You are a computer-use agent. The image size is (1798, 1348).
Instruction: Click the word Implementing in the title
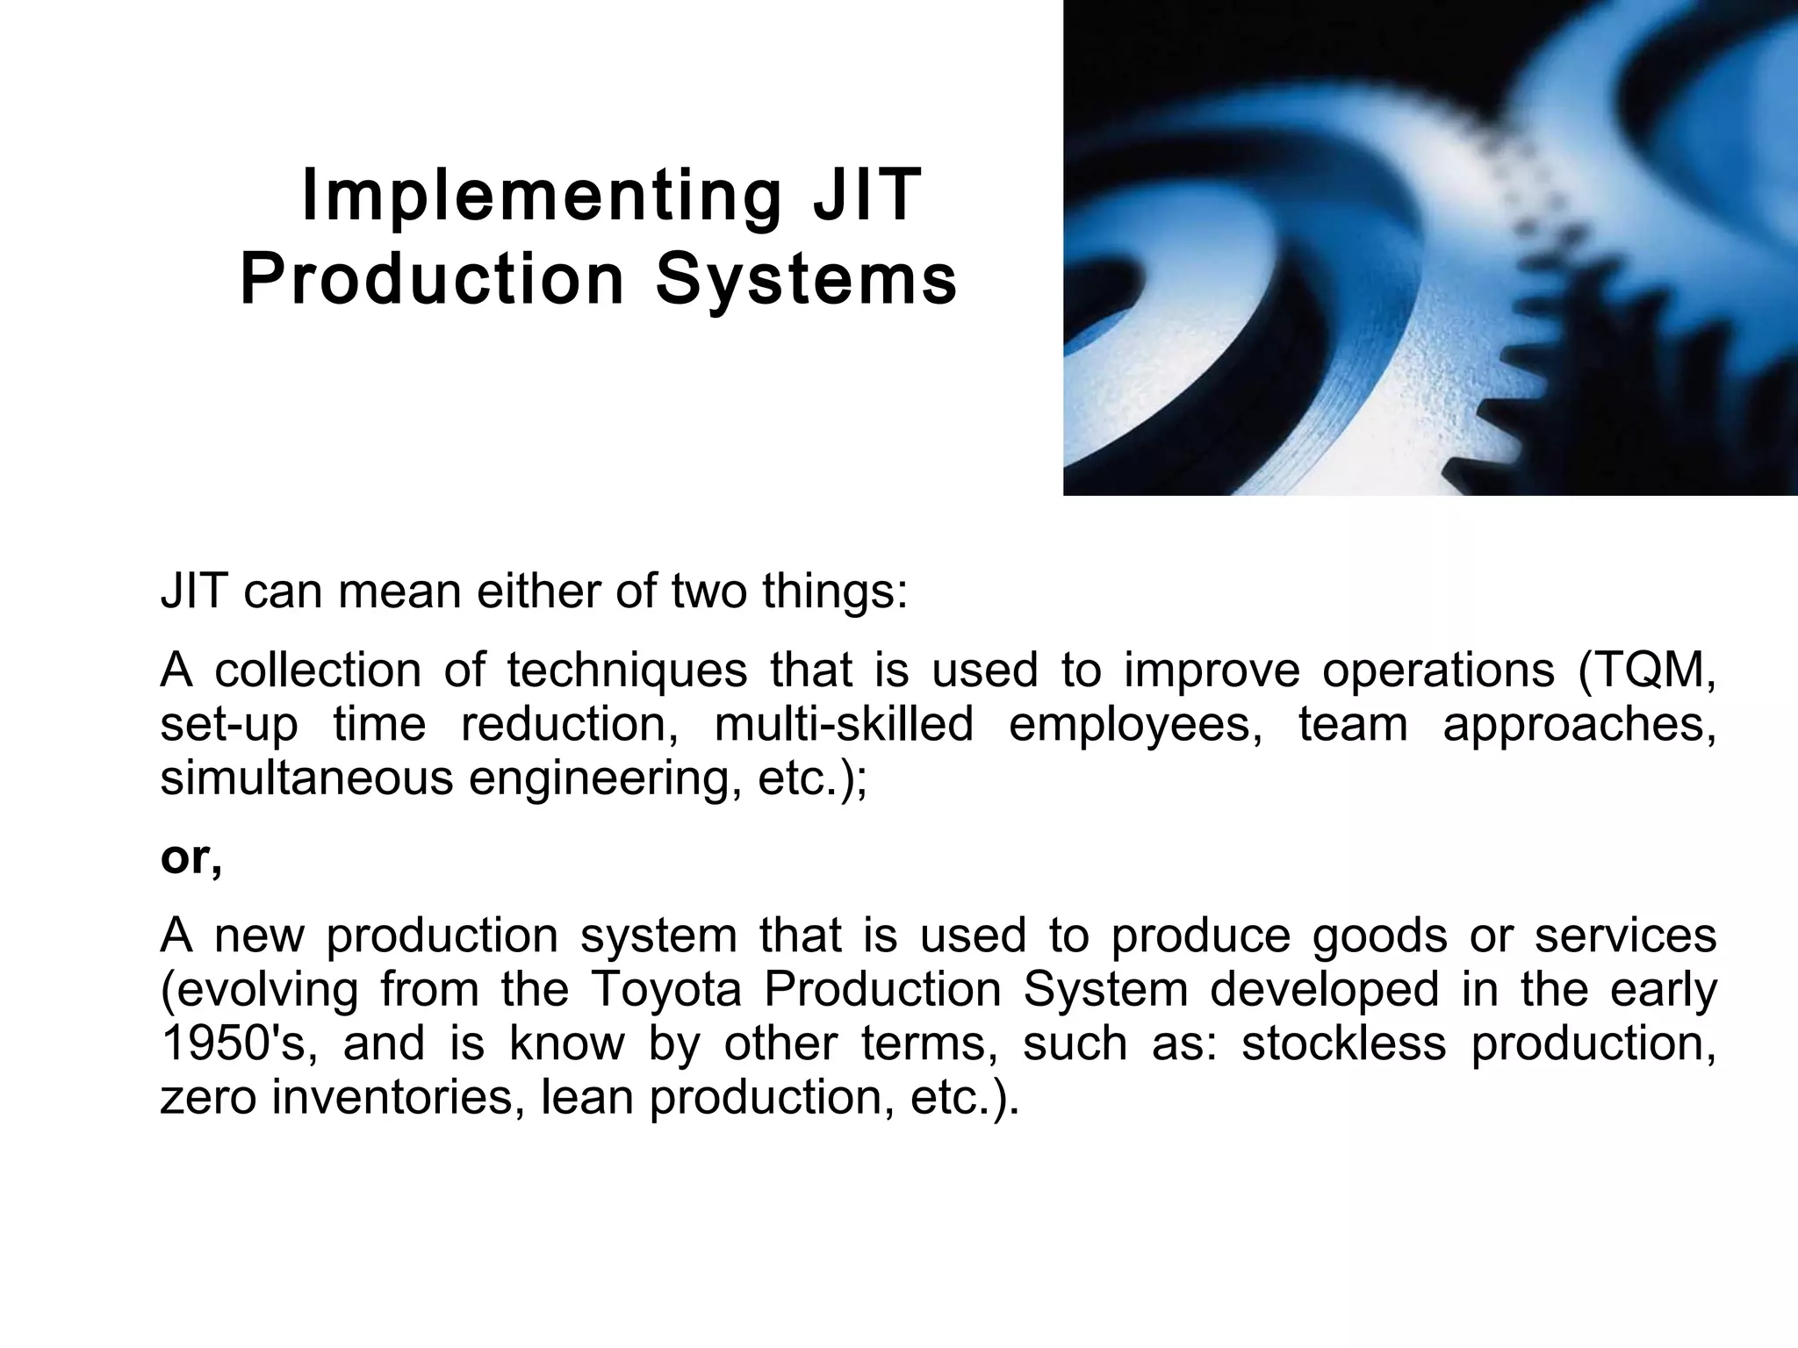point(541,197)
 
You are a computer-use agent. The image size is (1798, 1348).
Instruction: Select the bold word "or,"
point(191,857)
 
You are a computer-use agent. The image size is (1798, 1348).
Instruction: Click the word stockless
point(1343,1043)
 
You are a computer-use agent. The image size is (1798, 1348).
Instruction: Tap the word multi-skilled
point(844,725)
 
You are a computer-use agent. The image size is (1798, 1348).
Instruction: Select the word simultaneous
point(306,778)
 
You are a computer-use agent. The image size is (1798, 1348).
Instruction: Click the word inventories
point(392,1097)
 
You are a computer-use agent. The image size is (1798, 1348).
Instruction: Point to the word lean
point(586,1097)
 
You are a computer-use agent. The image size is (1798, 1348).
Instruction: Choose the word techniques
point(627,670)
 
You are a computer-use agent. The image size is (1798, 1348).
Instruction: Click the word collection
point(319,670)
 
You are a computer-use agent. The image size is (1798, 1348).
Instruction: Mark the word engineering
point(601,778)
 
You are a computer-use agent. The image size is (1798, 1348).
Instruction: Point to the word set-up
point(229,725)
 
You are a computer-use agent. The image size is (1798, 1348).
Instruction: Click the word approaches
point(1579,725)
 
